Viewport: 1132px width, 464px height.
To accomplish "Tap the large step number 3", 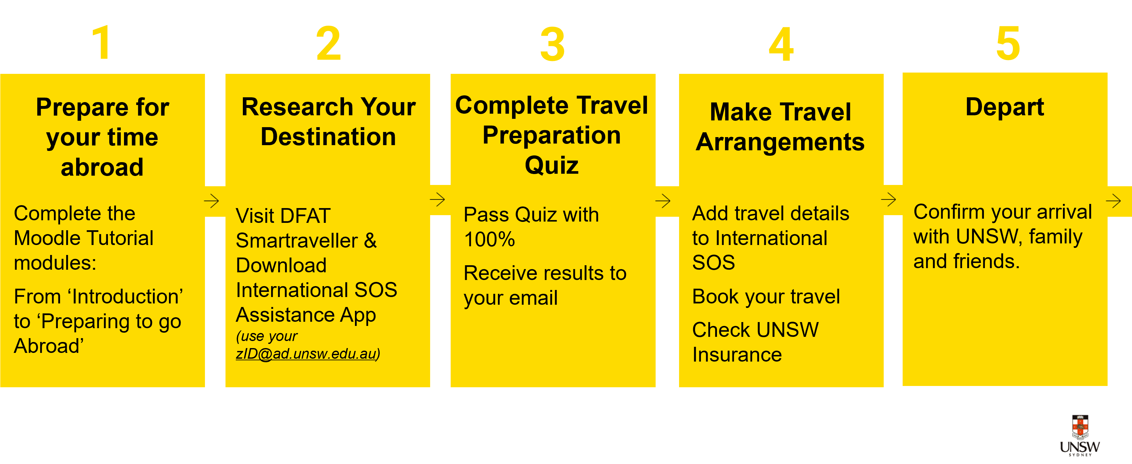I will click(553, 44).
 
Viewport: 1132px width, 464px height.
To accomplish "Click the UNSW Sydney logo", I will click(1080, 434).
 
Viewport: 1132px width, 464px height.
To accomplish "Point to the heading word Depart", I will click(1004, 107).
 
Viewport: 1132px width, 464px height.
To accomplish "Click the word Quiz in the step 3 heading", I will click(552, 165).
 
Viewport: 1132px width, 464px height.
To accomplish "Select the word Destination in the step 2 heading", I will click(328, 137).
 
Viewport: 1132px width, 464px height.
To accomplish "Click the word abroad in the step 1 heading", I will click(102, 167).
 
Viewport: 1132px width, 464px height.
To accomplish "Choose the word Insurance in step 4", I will click(737, 355).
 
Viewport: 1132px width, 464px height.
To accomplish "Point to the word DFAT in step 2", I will click(305, 216).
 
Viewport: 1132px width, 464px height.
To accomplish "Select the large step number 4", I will click(781, 44).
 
